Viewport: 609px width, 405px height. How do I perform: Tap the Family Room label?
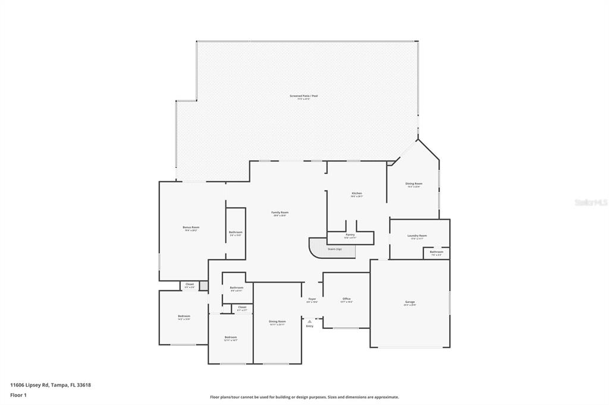280,213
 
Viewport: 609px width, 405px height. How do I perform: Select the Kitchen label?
356,194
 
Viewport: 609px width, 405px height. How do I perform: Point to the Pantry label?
350,235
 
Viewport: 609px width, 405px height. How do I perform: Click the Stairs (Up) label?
334,249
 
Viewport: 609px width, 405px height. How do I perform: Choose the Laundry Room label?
417,236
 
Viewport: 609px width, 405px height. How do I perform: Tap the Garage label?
410,302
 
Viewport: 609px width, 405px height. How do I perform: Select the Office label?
346,299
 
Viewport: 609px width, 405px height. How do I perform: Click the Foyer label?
312,299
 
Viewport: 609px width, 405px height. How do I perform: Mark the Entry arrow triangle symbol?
309,321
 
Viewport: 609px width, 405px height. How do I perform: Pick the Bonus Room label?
191,227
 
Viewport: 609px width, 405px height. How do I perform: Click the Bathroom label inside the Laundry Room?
436,252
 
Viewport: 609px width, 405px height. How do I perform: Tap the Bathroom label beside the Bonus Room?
236,232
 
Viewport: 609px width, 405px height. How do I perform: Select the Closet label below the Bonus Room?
189,284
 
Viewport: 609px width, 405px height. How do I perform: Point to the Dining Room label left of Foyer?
277,321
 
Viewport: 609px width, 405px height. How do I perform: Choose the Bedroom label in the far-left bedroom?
184,316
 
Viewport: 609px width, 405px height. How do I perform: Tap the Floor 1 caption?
18,395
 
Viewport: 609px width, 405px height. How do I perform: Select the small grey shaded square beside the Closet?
203,286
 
